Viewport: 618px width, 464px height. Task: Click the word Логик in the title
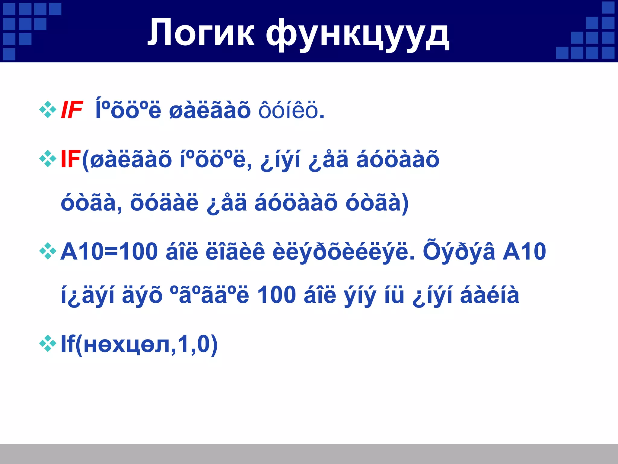[201, 33]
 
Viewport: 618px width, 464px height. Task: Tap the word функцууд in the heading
[358, 34]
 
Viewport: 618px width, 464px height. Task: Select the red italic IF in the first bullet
[72, 110]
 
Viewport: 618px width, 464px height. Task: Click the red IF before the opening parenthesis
[71, 159]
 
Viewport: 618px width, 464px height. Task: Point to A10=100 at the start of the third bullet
[109, 251]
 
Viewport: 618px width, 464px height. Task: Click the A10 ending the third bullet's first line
[524, 251]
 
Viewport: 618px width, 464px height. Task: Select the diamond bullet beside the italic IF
[48, 109]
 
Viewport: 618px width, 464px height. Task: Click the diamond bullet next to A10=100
[48, 251]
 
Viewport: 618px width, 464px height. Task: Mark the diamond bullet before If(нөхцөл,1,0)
[48, 343]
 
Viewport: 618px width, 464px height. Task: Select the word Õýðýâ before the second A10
[459, 251]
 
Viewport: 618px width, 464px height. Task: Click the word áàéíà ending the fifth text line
[489, 295]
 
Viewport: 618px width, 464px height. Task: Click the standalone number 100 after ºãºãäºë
[276, 295]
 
